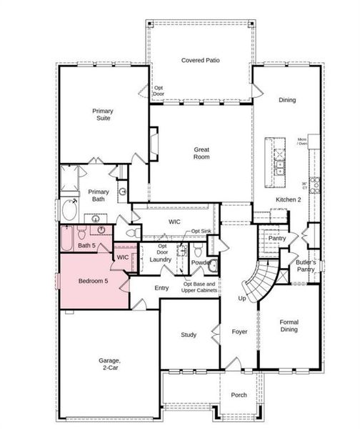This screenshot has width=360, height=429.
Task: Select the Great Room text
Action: (201, 153)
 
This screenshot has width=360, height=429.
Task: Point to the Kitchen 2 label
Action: (288, 199)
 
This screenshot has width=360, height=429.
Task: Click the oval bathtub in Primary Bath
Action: (69, 211)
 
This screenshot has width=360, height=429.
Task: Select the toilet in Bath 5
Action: (81, 232)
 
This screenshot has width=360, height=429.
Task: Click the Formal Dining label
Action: (289, 326)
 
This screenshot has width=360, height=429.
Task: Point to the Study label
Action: (189, 334)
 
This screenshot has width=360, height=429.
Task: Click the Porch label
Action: (239, 395)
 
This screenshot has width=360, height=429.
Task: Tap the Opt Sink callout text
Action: (200, 232)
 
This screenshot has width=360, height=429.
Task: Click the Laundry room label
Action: (160, 259)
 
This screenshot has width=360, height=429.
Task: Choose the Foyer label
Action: (239, 332)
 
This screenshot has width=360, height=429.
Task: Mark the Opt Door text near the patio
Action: (159, 90)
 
